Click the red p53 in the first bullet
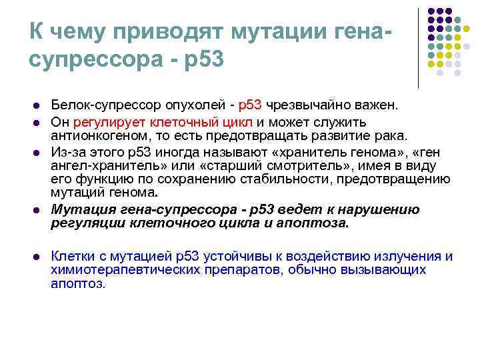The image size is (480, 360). coord(250,105)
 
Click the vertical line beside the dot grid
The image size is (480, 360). coord(419,47)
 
